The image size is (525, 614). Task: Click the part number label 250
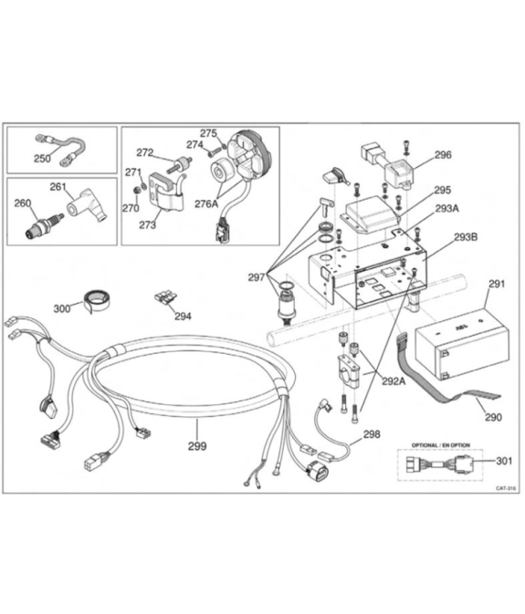42,159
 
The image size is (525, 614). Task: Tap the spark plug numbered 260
44,226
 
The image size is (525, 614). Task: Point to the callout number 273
147,224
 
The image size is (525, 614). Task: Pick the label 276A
206,203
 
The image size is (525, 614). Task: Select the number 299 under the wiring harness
197,446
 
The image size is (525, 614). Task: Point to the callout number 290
493,418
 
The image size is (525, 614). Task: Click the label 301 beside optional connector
504,461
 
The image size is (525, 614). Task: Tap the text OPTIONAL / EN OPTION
441,445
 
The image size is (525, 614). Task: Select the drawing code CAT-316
506,488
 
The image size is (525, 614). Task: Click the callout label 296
443,155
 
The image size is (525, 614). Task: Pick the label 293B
466,237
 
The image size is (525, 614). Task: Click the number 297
257,277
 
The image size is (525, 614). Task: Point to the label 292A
394,381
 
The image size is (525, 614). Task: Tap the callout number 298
372,434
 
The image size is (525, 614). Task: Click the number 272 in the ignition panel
144,152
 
